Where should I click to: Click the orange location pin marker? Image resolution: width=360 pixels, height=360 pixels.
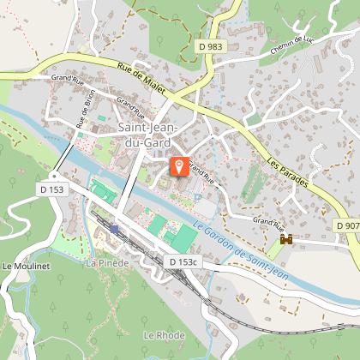pyautogui.click(x=181, y=165)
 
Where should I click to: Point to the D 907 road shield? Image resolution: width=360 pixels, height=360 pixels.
pyautogui.click(x=347, y=225)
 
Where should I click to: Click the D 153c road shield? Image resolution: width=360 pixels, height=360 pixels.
pyautogui.click(x=183, y=261)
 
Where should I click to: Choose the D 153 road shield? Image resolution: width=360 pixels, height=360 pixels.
pyautogui.click(x=50, y=189)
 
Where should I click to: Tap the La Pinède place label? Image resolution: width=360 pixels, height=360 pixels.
pyautogui.click(x=106, y=262)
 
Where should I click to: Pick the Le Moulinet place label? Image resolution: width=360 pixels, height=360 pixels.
pyautogui.click(x=21, y=267)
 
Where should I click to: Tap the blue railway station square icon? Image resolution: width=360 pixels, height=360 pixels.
pyautogui.click(x=114, y=229)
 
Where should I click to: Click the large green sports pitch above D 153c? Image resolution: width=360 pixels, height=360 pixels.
pyautogui.click(x=183, y=235)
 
